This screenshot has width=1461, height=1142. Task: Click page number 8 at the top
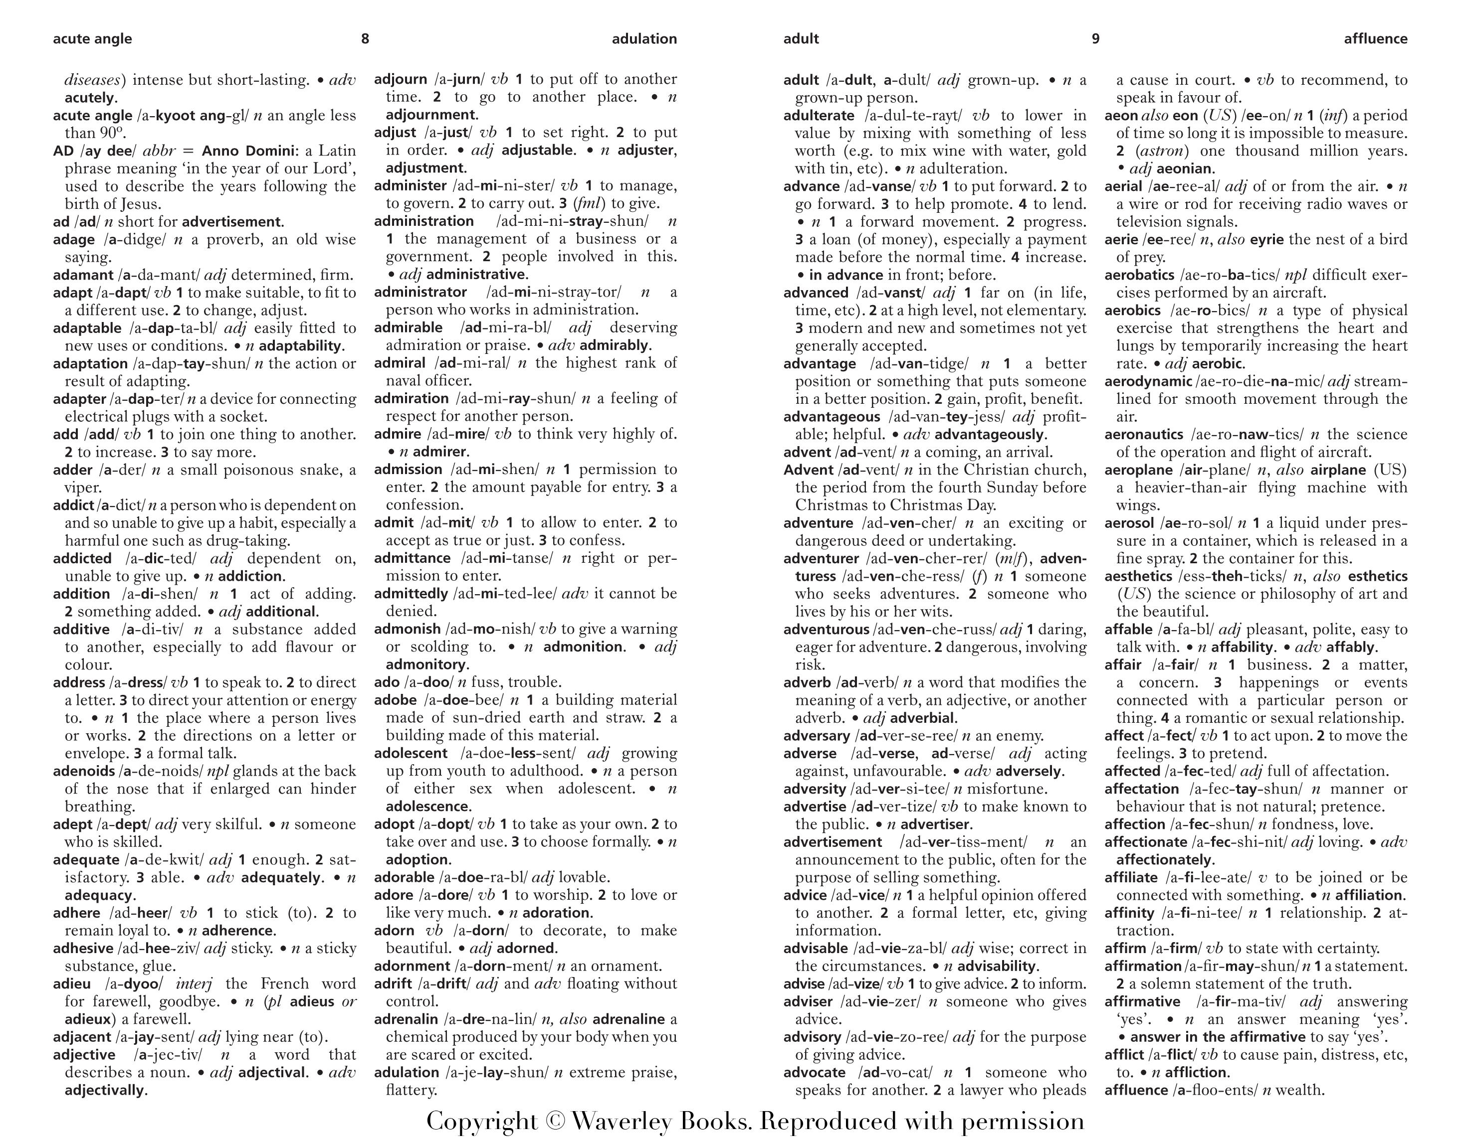365,39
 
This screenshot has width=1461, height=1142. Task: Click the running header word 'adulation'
644,39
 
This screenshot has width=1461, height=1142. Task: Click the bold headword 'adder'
72,470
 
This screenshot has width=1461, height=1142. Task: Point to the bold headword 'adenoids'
84,771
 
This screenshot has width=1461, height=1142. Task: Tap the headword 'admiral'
400,363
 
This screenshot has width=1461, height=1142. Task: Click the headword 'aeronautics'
1143,435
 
